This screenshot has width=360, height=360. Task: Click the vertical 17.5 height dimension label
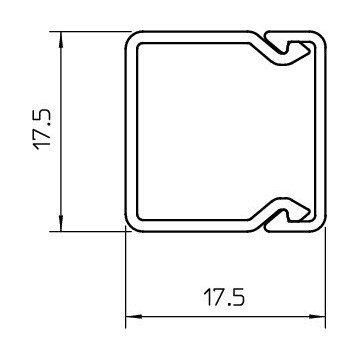tap(43, 130)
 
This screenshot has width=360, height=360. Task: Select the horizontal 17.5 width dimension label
tap(225, 297)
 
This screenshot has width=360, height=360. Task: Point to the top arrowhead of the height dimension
tap(61, 39)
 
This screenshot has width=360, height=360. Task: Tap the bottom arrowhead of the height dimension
tap(61, 223)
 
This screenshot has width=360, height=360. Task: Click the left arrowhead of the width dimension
tap(133, 316)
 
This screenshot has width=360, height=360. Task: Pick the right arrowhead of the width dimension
tap(317, 316)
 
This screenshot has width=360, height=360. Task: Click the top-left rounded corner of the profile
tap(132, 37)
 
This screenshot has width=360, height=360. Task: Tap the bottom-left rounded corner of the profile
tap(132, 225)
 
